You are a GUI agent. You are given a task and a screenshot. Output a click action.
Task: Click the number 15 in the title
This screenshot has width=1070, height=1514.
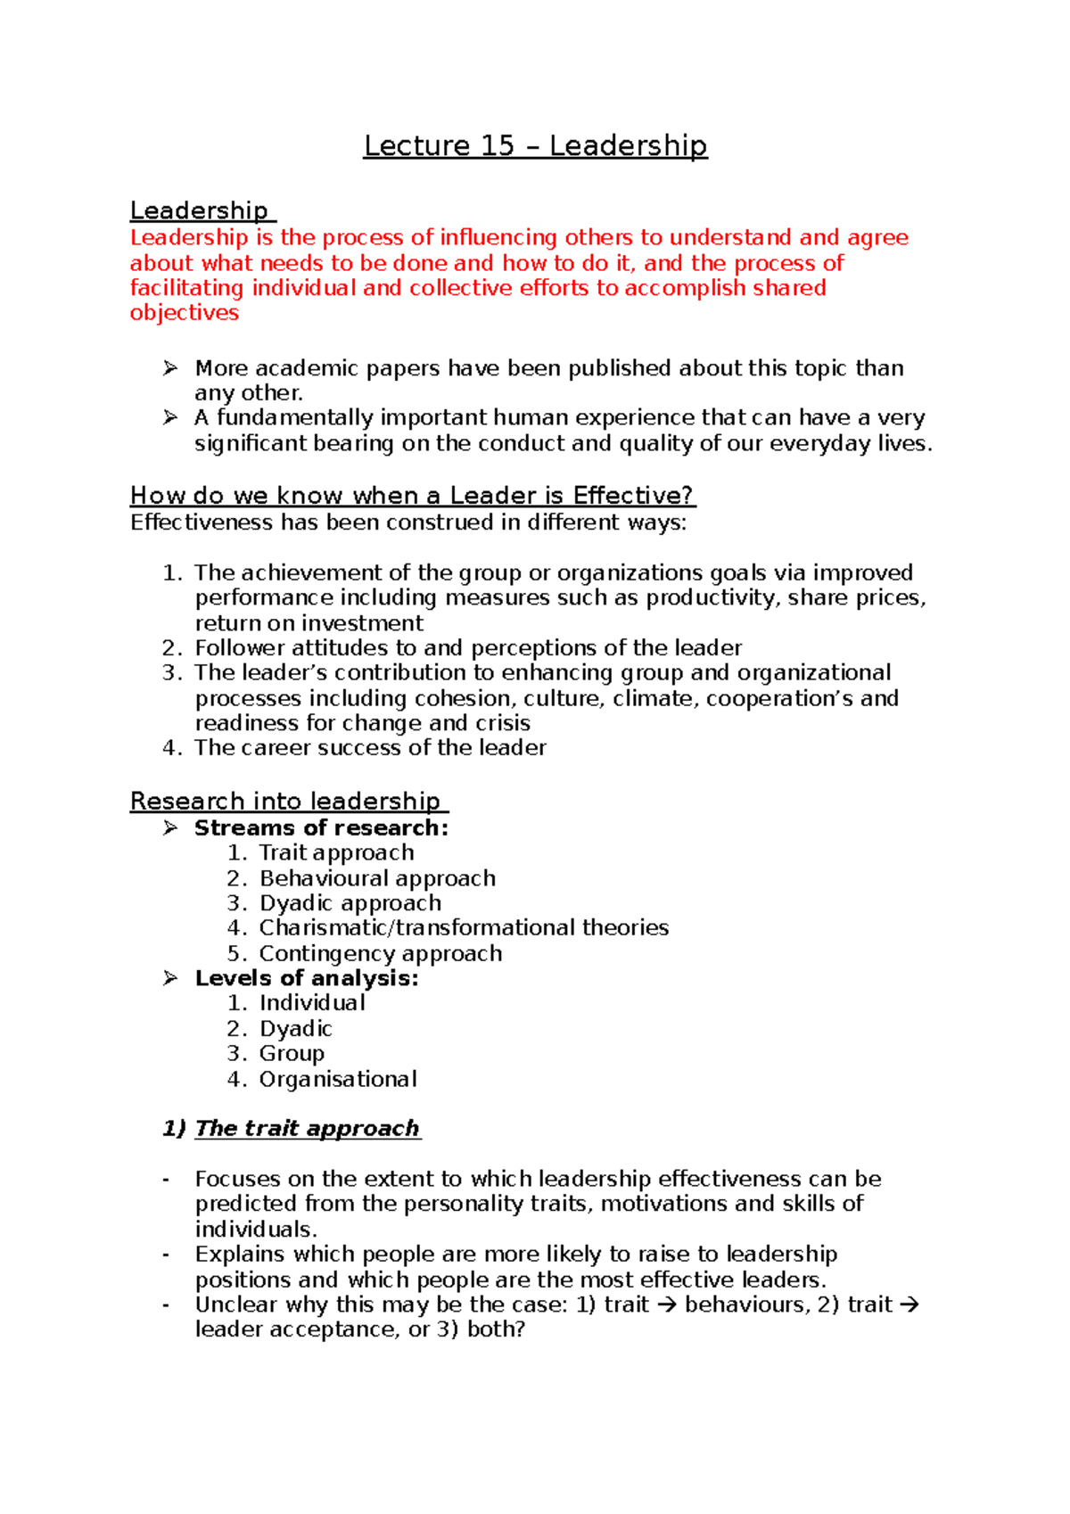(x=498, y=145)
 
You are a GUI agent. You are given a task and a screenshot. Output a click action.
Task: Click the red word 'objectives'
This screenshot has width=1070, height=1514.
(x=185, y=313)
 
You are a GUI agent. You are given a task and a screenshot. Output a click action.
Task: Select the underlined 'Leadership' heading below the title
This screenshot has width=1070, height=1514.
(x=199, y=210)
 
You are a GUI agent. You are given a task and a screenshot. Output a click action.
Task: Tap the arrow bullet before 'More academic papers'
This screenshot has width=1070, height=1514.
(x=170, y=367)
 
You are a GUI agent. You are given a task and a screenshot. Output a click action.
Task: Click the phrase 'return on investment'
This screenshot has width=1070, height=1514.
(x=309, y=622)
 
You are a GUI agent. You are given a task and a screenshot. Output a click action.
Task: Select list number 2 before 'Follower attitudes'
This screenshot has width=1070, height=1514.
(x=171, y=647)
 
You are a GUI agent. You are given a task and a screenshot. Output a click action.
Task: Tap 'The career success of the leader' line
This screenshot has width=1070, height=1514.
(x=370, y=747)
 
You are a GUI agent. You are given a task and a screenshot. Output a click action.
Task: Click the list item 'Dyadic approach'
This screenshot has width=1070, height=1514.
(x=350, y=902)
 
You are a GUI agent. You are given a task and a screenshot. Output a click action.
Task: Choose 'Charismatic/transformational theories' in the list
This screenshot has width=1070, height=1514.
(x=464, y=927)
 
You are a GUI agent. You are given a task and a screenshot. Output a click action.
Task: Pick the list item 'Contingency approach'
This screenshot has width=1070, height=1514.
(x=381, y=953)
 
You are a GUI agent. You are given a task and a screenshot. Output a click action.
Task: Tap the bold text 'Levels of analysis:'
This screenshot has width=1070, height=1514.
(x=307, y=978)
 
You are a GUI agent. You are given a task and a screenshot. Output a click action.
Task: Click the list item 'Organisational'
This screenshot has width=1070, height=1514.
(x=338, y=1079)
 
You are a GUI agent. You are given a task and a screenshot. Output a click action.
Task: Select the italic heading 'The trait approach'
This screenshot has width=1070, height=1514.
(x=307, y=1128)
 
